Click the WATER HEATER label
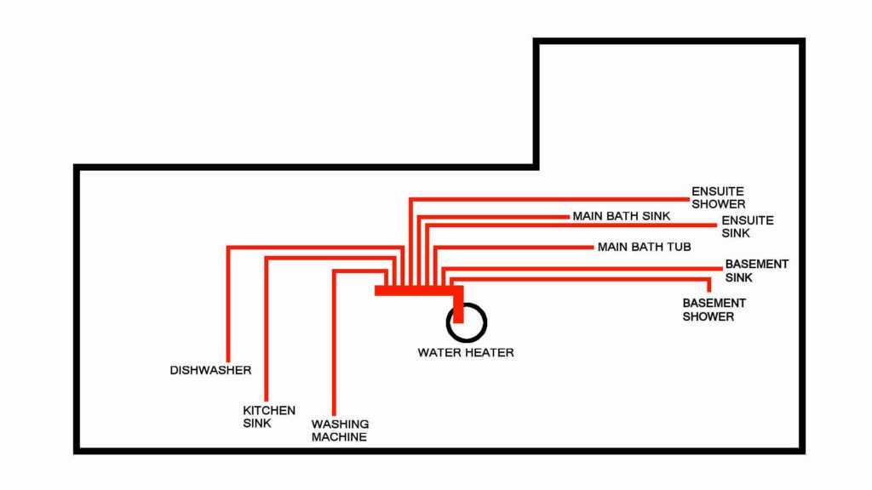tap(466, 352)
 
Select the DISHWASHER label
tap(210, 370)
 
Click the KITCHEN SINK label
tap(269, 416)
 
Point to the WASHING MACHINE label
tap(340, 430)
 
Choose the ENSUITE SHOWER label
tap(718, 197)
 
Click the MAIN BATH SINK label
tap(621, 216)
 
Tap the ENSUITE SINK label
tap(747, 226)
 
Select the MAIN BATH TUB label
tap(644, 247)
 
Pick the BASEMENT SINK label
tap(756, 271)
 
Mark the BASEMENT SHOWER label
tap(714, 310)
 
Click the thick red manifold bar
tap(417, 291)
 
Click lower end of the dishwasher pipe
tap(227, 360)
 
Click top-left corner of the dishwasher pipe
tap(228, 248)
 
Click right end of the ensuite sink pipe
tap(715, 225)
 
